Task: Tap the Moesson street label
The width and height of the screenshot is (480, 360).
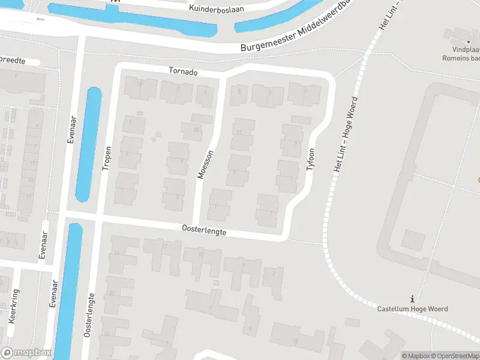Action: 205,164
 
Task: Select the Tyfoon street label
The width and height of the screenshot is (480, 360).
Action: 311,160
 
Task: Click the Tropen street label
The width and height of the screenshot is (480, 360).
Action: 106,158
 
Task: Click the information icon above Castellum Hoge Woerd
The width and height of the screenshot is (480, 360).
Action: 412,299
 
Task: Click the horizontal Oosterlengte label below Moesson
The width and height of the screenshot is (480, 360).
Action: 204,229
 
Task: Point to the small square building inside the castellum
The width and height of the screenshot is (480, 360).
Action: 412,241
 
